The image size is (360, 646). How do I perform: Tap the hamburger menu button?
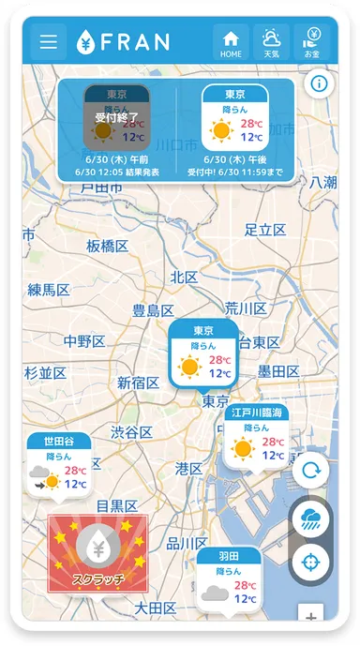coord(48,42)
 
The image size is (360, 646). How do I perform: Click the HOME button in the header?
coord(231,42)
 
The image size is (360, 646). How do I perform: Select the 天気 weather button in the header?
coord(271,42)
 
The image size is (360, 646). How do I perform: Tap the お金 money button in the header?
coord(312,42)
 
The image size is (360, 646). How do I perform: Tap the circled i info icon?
coord(319,84)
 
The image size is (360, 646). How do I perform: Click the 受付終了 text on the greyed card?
coord(116,118)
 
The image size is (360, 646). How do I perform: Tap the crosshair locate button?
coord(311,563)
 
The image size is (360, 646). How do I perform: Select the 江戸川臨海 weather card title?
coord(256,413)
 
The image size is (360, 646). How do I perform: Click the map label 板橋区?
coord(108,246)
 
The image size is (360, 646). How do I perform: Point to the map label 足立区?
coord(264,230)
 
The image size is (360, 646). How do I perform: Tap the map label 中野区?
coord(84,340)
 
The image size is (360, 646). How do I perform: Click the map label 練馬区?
coord(49,290)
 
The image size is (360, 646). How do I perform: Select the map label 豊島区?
coord(153,310)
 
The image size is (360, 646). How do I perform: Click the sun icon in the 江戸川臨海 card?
coord(244,448)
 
